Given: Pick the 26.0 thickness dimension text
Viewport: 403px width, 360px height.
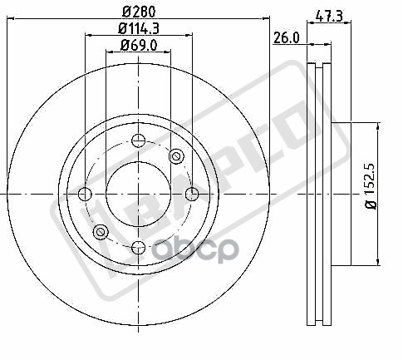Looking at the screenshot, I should point(287,37).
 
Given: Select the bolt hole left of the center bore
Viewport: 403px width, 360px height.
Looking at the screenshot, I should point(84,195).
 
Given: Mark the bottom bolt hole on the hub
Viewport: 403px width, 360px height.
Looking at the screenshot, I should point(138,247).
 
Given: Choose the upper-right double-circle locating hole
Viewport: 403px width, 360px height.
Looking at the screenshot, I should point(175,157).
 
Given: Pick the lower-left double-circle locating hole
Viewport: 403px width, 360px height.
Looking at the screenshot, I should point(101,231).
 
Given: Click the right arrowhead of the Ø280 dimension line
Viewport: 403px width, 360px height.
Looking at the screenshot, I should point(267,22).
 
